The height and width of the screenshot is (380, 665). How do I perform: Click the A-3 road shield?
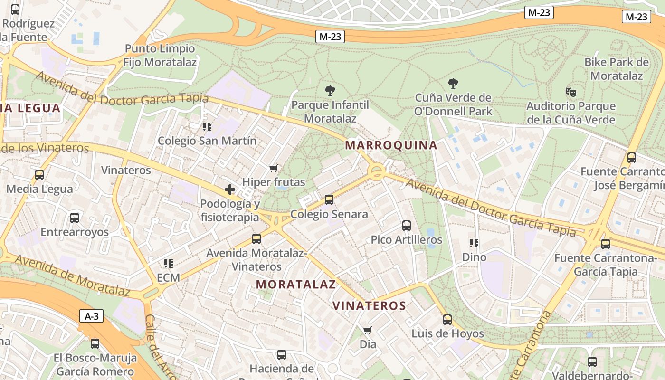tap(91, 316)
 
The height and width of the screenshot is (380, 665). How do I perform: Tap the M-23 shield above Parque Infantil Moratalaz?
tap(330, 37)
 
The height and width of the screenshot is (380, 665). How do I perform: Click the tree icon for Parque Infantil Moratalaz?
tap(330, 90)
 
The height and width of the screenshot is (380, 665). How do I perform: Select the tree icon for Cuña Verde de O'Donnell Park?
tap(453, 84)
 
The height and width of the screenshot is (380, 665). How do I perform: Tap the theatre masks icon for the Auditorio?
tap(570, 92)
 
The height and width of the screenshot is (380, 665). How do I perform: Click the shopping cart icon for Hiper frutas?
tap(273, 168)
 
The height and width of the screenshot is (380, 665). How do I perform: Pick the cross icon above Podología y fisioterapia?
tap(230, 190)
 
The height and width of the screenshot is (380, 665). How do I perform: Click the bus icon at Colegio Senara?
tap(329, 200)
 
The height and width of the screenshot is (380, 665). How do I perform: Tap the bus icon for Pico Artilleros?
tap(406, 226)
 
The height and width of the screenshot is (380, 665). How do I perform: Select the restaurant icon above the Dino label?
tap(474, 243)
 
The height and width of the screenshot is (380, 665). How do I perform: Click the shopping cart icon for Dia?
tap(367, 330)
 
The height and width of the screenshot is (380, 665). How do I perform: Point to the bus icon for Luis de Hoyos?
tap(447, 320)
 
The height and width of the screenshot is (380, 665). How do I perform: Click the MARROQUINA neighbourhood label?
tap(391, 145)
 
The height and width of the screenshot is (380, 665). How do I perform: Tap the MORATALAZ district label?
tap(296, 285)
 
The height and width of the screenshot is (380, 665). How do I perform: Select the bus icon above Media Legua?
tap(39, 175)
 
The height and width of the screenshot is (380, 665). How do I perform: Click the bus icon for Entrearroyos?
tap(75, 218)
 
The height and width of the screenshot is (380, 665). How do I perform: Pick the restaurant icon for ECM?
tap(168, 263)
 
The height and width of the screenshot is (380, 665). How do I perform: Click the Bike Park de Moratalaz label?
tap(616, 69)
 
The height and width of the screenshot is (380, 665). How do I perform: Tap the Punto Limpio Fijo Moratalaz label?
tap(160, 55)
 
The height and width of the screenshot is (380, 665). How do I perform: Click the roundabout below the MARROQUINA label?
tap(377, 172)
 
